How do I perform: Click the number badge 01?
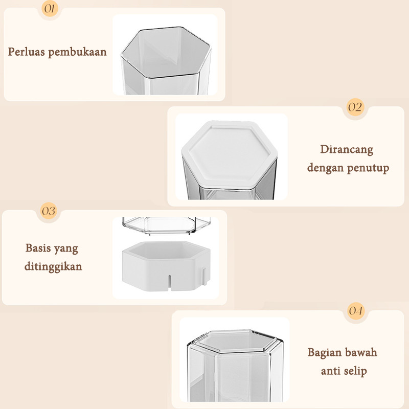pos(50,8)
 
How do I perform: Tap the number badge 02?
pos(355,107)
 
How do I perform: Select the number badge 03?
pos(49,211)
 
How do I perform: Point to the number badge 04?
pos(355,311)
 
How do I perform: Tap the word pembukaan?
pos(77,52)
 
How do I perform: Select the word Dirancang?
pos(347,150)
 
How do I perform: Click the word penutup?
pos(368,168)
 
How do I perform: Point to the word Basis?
pos(38,248)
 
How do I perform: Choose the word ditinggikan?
pos(53,266)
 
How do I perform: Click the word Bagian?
pos(324,352)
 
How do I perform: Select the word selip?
pos(355,371)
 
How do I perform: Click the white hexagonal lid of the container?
pos(230,154)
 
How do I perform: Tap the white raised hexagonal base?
pos(166,266)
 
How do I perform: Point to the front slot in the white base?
pos(169,283)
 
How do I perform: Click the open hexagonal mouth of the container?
pos(166,52)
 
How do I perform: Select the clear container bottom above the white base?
pos(166,225)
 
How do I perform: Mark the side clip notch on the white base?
pos(204,276)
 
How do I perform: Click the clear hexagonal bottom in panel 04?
pos(236,340)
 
